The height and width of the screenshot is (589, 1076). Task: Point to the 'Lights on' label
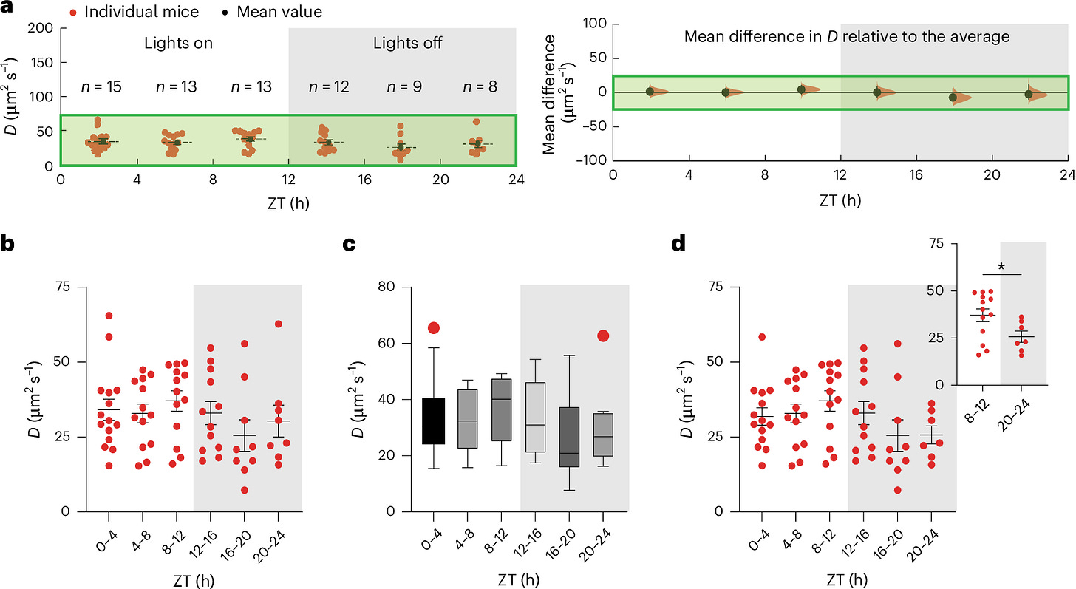point(178,43)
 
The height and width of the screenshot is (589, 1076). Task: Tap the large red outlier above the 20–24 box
point(603,336)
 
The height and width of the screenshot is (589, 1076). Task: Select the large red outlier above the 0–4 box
point(433,328)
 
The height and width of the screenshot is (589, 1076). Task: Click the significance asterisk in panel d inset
point(1002,266)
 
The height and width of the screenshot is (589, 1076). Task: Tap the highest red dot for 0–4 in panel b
point(108,316)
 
